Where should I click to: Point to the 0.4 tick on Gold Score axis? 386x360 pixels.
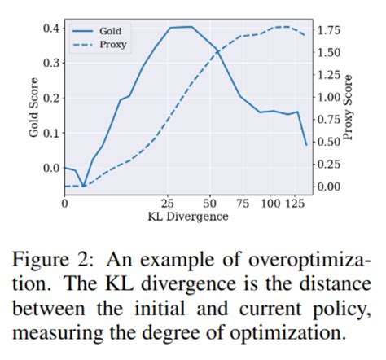click(50, 28)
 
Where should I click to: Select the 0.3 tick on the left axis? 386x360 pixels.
click(50, 63)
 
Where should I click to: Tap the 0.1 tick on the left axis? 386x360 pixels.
click(50, 133)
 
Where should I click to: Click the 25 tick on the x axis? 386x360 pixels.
click(169, 203)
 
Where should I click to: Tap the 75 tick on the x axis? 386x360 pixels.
click(242, 203)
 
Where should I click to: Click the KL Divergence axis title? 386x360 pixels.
click(187, 217)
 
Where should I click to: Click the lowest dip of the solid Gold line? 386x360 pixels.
click(82, 186)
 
